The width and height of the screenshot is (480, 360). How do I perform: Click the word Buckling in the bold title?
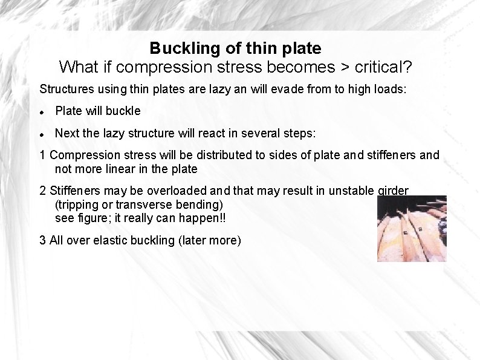click(178, 47)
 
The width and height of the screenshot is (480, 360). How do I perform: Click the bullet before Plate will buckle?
click(42, 111)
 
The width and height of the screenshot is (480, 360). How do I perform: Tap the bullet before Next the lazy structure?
click(42, 133)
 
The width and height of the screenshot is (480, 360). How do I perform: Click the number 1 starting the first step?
click(42, 155)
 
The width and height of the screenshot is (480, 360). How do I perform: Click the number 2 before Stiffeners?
click(42, 191)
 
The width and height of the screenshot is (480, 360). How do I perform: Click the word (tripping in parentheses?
click(76, 205)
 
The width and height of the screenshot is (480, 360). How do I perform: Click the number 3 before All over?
click(42, 240)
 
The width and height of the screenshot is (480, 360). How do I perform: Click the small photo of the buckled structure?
click(411, 228)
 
